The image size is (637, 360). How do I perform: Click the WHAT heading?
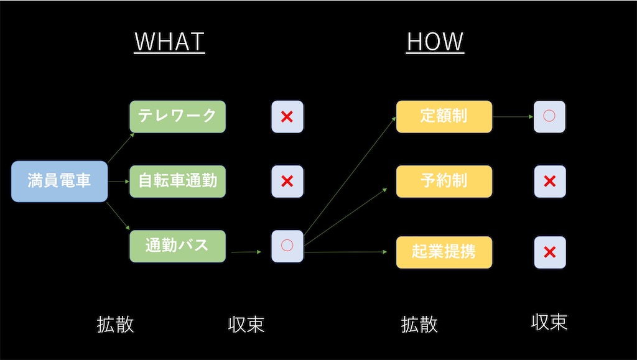pyautogui.click(x=169, y=42)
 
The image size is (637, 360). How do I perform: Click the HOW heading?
pyautogui.click(x=435, y=42)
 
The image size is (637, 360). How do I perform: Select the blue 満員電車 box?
pyautogui.click(x=60, y=181)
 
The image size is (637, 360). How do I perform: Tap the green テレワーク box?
pyautogui.click(x=177, y=116)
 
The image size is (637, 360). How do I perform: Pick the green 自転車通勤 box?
pyautogui.click(x=177, y=181)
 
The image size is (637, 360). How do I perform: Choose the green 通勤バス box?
pyautogui.click(x=177, y=246)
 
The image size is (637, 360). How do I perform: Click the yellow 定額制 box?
pyautogui.click(x=444, y=116)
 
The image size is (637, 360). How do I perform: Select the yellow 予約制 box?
pyautogui.click(x=444, y=181)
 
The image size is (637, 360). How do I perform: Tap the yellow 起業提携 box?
pyautogui.click(x=444, y=252)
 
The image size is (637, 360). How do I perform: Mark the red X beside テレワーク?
pyautogui.click(x=287, y=117)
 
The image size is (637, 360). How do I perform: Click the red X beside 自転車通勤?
pyautogui.click(x=287, y=181)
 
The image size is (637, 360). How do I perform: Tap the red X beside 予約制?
pyautogui.click(x=550, y=181)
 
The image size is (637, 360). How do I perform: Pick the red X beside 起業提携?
pyautogui.click(x=550, y=252)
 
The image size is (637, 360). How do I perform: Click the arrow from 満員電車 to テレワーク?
pyautogui.click(x=121, y=147)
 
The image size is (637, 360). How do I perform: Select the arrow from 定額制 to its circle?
pyautogui.click(x=513, y=116)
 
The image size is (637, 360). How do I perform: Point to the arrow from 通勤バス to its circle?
pyautogui.click(x=246, y=252)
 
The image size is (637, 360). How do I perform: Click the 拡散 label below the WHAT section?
pyautogui.click(x=115, y=325)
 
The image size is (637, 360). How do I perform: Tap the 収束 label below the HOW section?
pyautogui.click(x=549, y=322)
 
